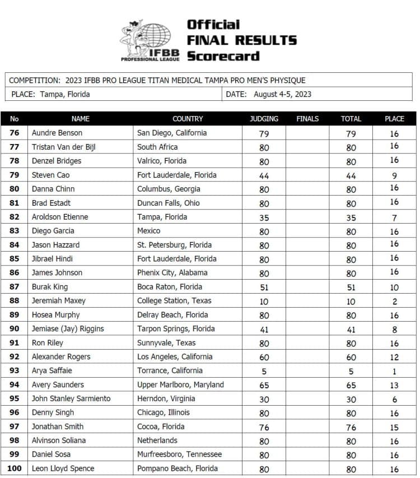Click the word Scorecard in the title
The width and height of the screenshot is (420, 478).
[223, 56]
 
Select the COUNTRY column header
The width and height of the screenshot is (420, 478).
[188, 119]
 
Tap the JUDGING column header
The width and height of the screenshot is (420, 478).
[264, 119]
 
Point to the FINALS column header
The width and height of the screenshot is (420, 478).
[307, 119]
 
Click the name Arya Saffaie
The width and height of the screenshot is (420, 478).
[53, 370]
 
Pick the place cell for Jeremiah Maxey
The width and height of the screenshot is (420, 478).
[394, 301]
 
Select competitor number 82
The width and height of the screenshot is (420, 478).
[15, 217]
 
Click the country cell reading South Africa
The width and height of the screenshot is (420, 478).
[157, 147]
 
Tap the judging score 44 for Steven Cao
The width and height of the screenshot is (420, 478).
[264, 175]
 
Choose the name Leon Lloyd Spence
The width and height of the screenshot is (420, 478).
[63, 468]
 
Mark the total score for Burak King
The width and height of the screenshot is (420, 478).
[351, 287]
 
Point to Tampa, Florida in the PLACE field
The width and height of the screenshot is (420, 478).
[65, 94]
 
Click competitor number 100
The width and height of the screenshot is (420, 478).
[15, 468]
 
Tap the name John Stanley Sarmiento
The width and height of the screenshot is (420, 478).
[71, 398]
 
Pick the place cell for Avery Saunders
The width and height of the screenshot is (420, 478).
[394, 385]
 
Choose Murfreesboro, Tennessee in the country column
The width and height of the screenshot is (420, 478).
[179, 454]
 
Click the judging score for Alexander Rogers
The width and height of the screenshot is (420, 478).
[264, 357]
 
